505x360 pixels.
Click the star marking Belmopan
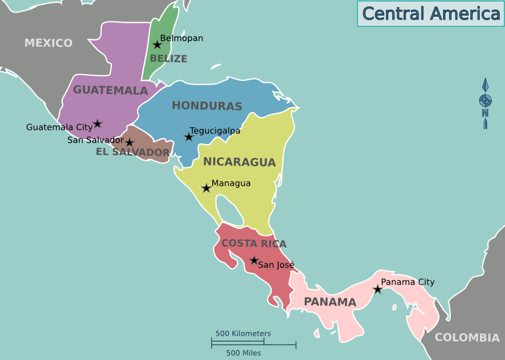157,45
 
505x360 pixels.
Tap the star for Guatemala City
98,124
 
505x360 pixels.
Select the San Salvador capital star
129,142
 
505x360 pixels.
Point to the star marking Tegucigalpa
189,137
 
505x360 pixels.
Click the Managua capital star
206,188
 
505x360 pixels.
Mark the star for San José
254,260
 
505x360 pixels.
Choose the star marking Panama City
378,289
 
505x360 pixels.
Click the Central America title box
431,14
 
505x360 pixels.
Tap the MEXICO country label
48,43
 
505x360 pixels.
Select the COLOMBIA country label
467,338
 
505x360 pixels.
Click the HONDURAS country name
207,106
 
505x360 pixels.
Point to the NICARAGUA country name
239,162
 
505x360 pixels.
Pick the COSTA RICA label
254,243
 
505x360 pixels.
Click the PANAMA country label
330,302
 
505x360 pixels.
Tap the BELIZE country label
169,58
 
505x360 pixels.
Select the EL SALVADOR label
133,152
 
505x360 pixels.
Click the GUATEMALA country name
110,90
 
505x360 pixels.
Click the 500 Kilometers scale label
243,334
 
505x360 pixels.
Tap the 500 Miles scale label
244,353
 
